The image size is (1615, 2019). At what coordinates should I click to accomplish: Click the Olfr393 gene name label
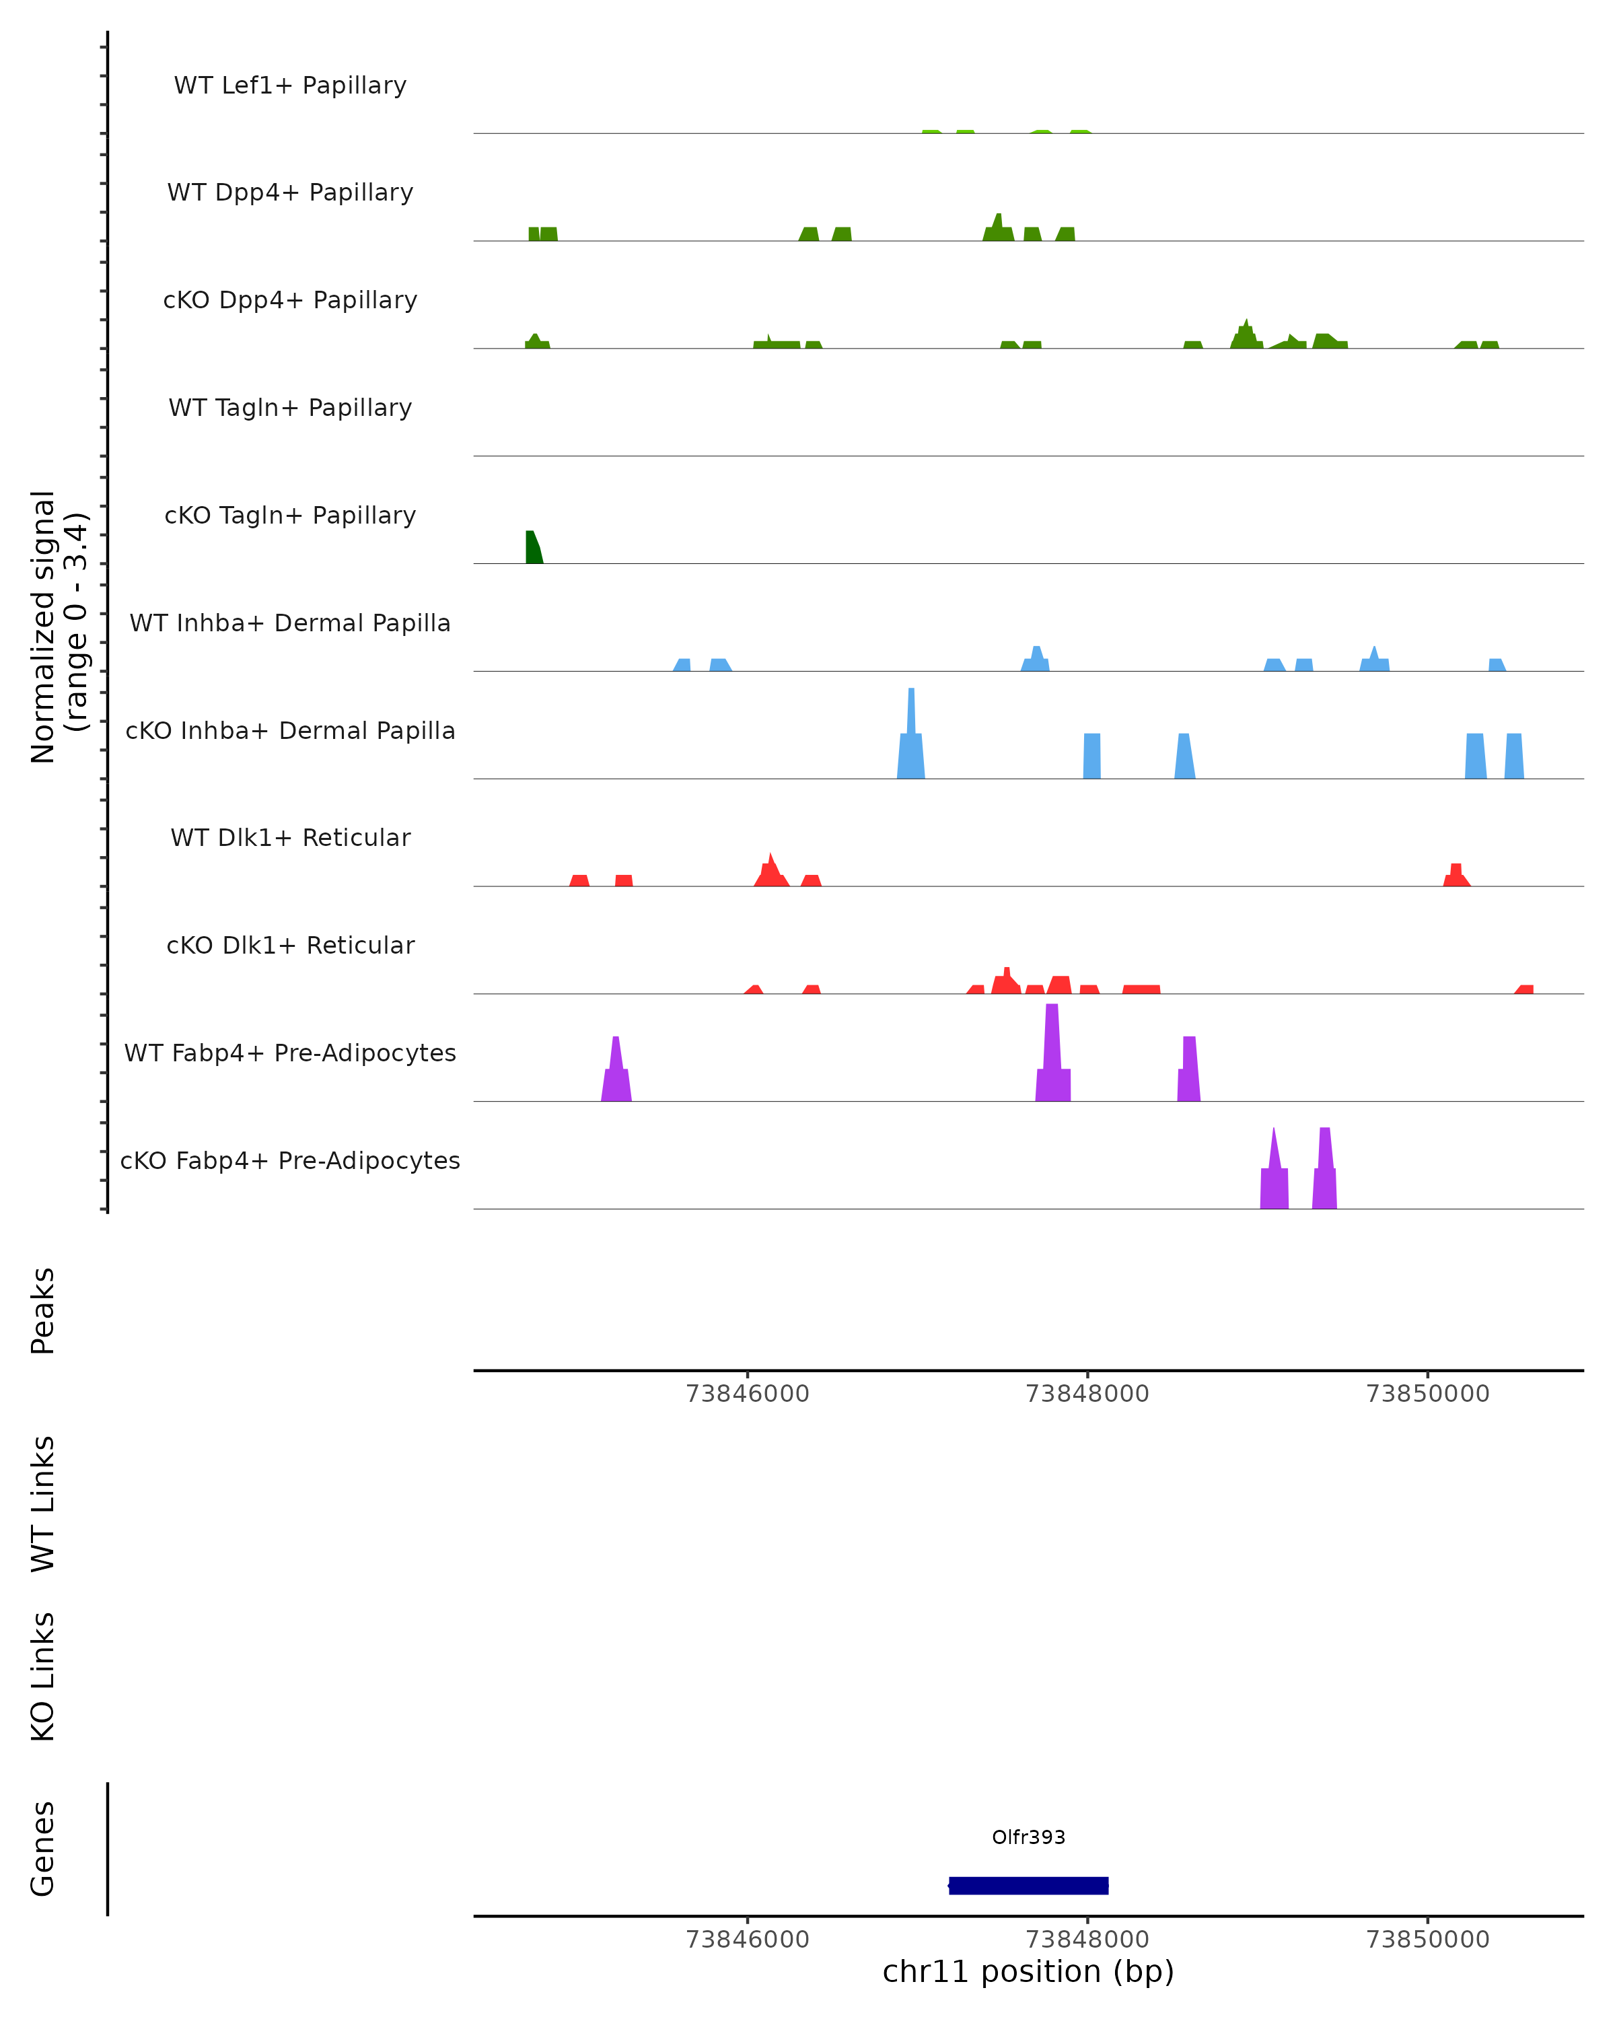point(1028,1837)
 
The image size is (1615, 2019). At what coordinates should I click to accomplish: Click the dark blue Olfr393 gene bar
point(1028,1886)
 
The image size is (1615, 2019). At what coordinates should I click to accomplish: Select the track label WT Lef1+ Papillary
point(290,85)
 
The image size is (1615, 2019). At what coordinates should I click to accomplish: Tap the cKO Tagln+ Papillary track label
point(290,515)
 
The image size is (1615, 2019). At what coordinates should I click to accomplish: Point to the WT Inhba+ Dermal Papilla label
point(290,623)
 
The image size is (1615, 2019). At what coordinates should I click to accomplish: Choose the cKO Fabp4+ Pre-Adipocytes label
point(290,1160)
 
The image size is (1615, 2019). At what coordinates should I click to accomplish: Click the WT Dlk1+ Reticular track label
point(290,837)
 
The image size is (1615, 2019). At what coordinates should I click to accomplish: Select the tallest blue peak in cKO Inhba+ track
point(911,740)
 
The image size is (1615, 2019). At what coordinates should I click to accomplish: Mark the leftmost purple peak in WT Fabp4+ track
point(616,1072)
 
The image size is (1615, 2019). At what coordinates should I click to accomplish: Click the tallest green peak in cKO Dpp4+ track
point(1246,335)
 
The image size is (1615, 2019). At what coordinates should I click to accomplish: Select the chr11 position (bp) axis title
point(1028,1971)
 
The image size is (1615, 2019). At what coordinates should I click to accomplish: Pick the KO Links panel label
point(43,1677)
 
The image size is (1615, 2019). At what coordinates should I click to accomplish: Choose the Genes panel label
point(43,1849)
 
